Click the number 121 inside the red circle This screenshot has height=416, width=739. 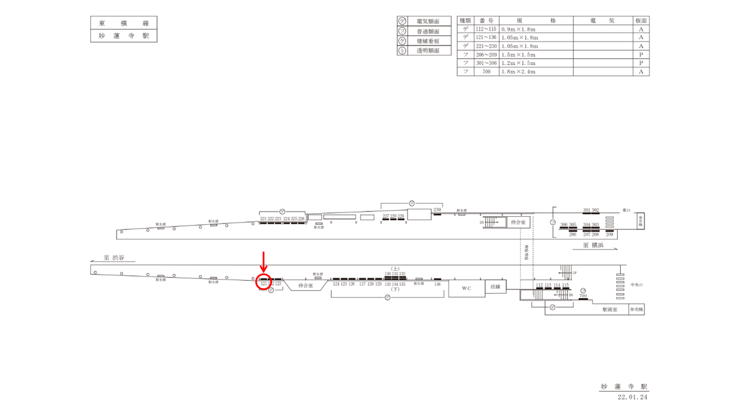[x=264, y=284]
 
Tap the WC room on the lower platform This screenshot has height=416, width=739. [x=466, y=287]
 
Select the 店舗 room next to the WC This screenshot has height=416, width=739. [x=495, y=286]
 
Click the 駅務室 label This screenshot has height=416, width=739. [x=610, y=310]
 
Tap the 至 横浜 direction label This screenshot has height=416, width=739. [x=594, y=245]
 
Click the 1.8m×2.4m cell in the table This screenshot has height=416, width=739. [x=518, y=72]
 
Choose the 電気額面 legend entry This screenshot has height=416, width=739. [x=428, y=21]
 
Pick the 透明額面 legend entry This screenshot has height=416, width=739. [x=428, y=51]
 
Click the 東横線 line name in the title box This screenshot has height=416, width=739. [x=124, y=23]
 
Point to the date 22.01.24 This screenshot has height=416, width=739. [x=633, y=398]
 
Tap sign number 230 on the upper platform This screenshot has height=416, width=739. [x=437, y=210]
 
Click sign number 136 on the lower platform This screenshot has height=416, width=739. [x=437, y=284]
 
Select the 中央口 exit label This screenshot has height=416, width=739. [x=636, y=284]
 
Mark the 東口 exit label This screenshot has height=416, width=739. [x=627, y=211]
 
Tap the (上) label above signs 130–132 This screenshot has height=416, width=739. [x=395, y=269]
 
